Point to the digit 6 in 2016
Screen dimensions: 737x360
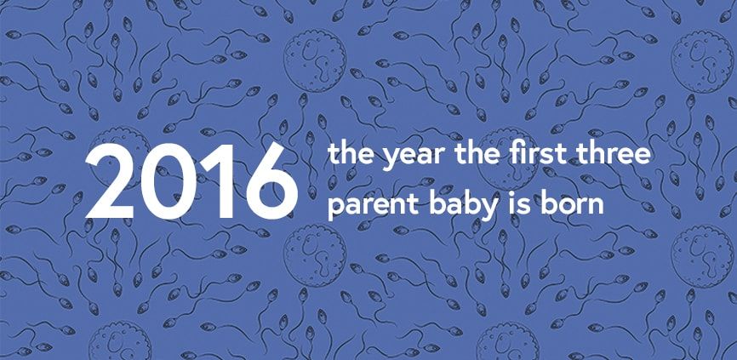pos(271,181)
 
